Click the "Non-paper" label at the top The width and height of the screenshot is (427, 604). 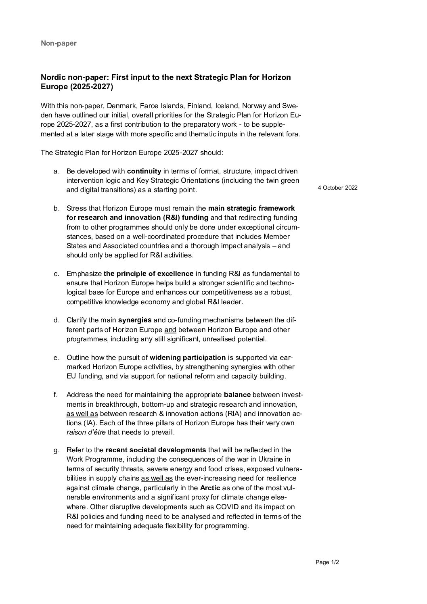59,43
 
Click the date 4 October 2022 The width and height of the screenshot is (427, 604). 337,188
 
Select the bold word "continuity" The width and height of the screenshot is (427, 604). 144,171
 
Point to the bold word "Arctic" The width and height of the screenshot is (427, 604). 210,488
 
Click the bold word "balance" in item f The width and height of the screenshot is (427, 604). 237,395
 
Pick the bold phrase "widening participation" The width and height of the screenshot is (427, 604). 188,357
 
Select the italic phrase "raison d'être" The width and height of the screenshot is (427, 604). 86,432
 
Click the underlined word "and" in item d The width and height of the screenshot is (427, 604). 170,330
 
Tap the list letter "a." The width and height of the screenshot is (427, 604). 57,171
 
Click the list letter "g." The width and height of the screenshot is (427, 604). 57,450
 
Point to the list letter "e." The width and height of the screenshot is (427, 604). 57,357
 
